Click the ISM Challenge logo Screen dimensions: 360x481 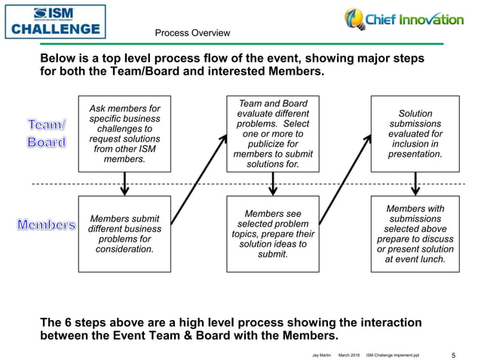(x=54, y=21)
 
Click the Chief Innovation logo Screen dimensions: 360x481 (x=404, y=20)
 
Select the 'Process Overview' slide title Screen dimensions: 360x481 (x=192, y=33)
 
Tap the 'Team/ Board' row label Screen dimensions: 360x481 (x=47, y=132)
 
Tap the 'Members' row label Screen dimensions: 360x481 (x=47, y=225)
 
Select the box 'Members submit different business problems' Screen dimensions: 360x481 (x=124, y=233)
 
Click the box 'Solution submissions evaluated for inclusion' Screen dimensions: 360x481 (x=415, y=133)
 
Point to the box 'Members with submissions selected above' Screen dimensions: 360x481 (x=415, y=233)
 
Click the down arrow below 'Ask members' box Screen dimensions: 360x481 (x=125, y=183)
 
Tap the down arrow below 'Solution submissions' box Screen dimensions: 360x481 (x=415, y=183)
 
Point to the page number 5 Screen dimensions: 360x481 (x=453, y=353)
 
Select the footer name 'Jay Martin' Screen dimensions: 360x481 (x=320, y=354)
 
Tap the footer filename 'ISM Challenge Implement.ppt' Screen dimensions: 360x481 (x=398, y=354)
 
